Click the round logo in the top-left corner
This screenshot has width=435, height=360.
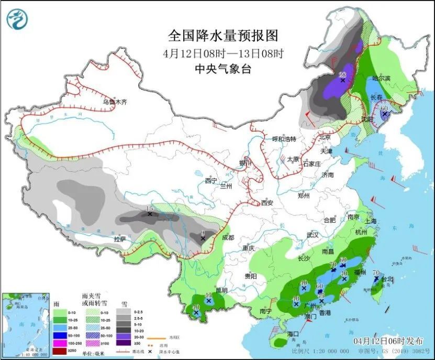click(x=17, y=20)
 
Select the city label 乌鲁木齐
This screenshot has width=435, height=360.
click(x=115, y=102)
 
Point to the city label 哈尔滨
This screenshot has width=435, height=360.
click(x=382, y=78)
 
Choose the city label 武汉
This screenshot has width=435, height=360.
click(x=313, y=235)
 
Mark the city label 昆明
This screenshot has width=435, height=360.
click(x=221, y=290)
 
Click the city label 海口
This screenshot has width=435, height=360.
click(x=292, y=333)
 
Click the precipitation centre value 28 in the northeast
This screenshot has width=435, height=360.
click(x=343, y=74)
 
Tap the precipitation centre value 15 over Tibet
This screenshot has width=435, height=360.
click(x=150, y=208)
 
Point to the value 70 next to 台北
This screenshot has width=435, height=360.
click(x=375, y=272)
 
